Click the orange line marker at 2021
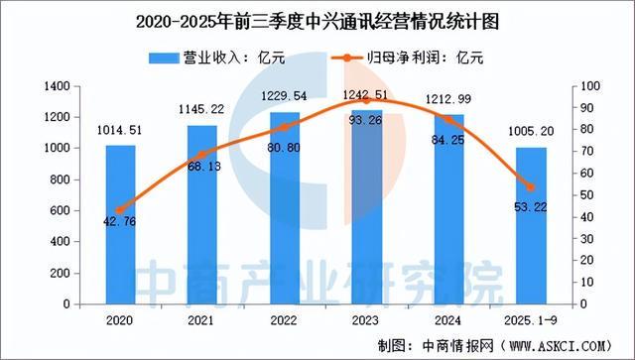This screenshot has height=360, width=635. pyautogui.click(x=203, y=155)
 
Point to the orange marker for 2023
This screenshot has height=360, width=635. pyautogui.click(x=367, y=100)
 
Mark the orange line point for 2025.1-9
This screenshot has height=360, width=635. pyautogui.click(x=530, y=187)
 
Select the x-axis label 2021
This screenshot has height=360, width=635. pyautogui.click(x=203, y=319)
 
